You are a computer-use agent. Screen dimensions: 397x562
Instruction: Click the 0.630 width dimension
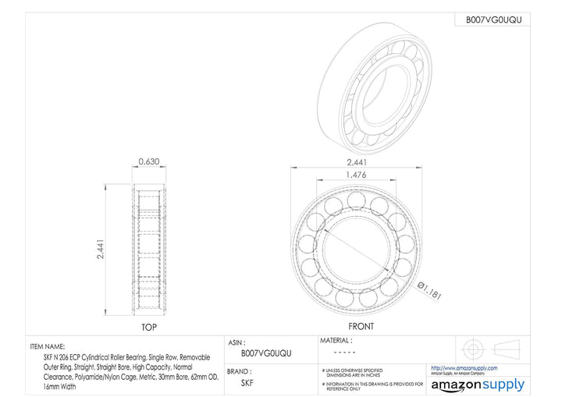coord(148,162)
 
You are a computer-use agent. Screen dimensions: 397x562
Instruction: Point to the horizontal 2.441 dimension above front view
coord(356,162)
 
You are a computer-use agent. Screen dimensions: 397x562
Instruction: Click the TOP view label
coord(148,328)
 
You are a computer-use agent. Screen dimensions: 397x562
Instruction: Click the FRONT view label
coord(360,326)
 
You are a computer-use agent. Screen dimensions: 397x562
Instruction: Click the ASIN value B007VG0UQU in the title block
coord(265,353)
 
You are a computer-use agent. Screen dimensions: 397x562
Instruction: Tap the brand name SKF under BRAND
coord(247,383)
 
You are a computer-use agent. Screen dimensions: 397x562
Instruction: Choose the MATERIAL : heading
coord(336,341)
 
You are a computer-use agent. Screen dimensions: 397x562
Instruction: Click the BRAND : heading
coord(243,372)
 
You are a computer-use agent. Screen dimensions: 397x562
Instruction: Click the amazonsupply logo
coord(478,385)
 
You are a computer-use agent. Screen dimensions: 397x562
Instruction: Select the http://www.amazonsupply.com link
coord(464,368)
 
